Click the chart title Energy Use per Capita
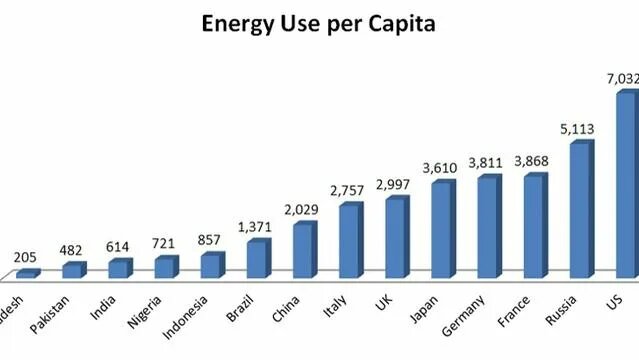click(319, 22)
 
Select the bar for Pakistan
click(73, 270)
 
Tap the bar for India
click(119, 268)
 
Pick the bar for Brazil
click(257, 259)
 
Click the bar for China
click(303, 250)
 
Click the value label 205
click(25, 257)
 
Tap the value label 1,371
click(257, 228)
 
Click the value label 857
click(211, 240)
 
